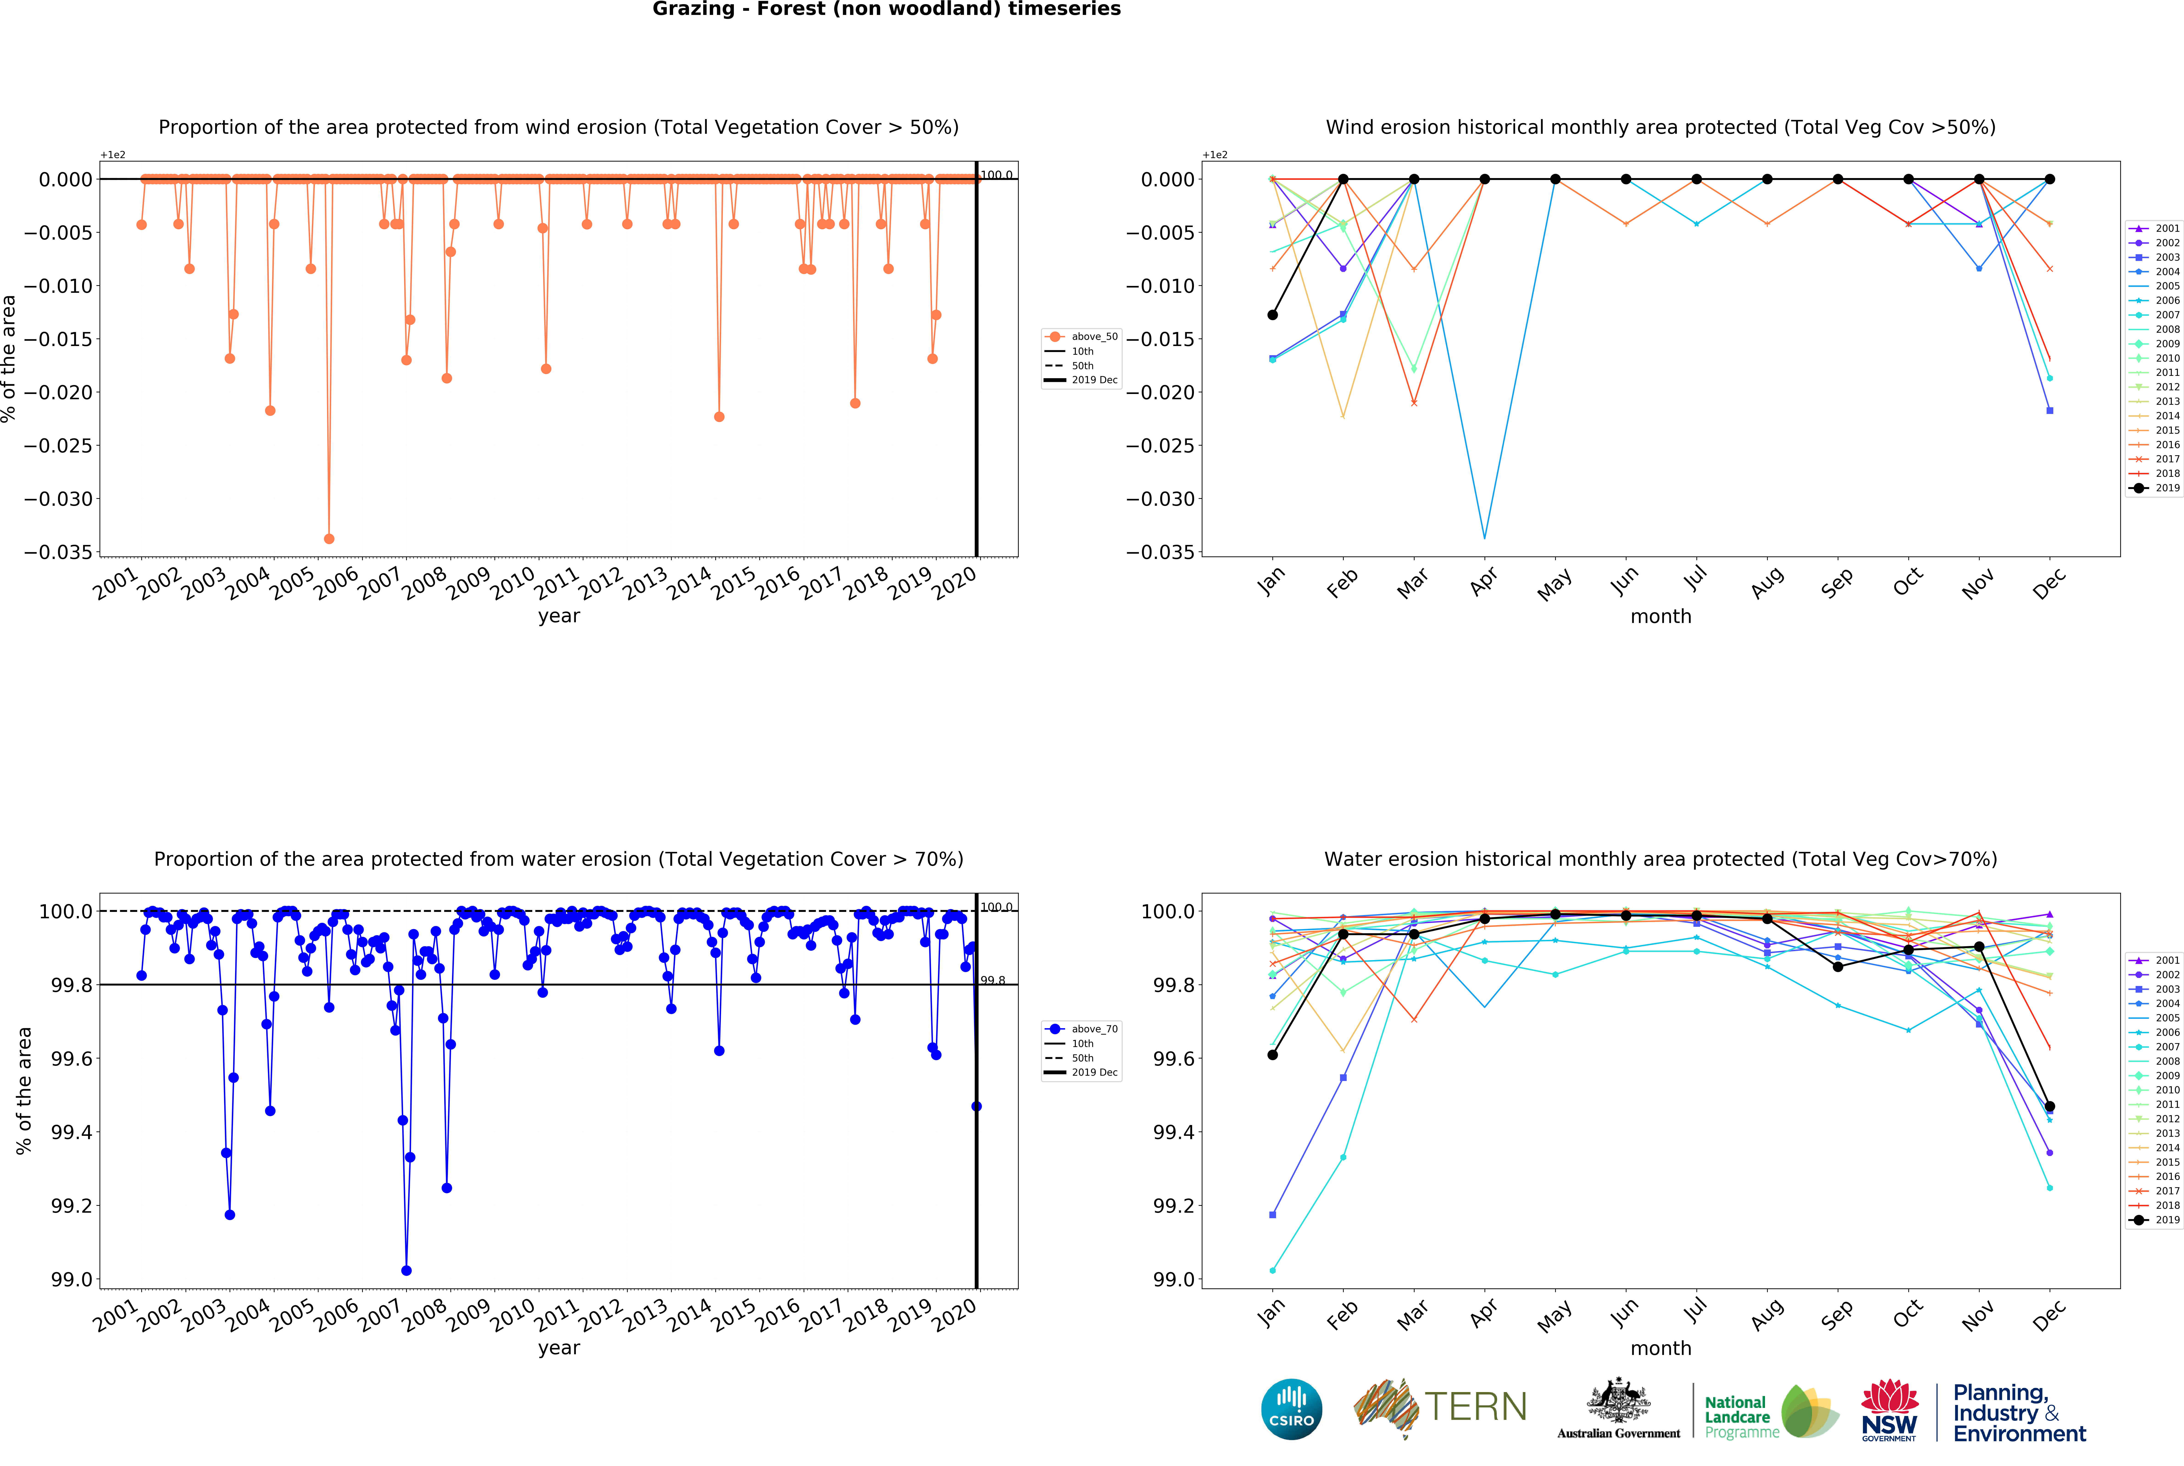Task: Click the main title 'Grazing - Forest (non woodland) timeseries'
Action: click(886, 9)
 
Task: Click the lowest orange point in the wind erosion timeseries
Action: click(329, 539)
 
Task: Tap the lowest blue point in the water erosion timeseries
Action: click(407, 1271)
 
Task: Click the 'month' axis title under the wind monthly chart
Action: click(1661, 616)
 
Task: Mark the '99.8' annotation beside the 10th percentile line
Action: click(993, 981)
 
